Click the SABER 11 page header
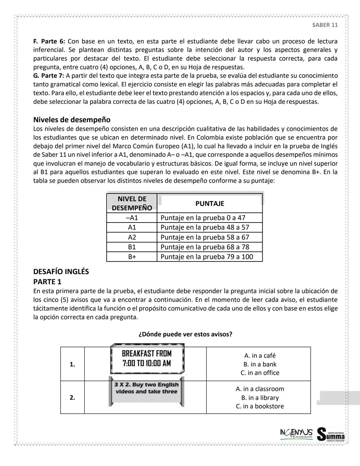(325, 25)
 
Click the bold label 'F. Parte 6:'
(49, 41)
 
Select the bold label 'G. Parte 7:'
(49, 76)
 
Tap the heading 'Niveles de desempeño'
(72, 120)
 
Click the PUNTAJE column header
(210, 203)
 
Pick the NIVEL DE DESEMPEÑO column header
(132, 203)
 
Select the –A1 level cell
(132, 218)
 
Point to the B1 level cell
(132, 247)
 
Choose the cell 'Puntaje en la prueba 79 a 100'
(207, 257)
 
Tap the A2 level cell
(132, 238)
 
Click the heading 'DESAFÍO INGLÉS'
(61, 272)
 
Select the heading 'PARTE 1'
(47, 282)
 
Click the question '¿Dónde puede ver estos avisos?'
(185, 334)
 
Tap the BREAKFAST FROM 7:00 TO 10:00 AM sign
(147, 359)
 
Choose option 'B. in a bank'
(260, 364)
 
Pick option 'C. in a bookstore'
(260, 406)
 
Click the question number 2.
(72, 397)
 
